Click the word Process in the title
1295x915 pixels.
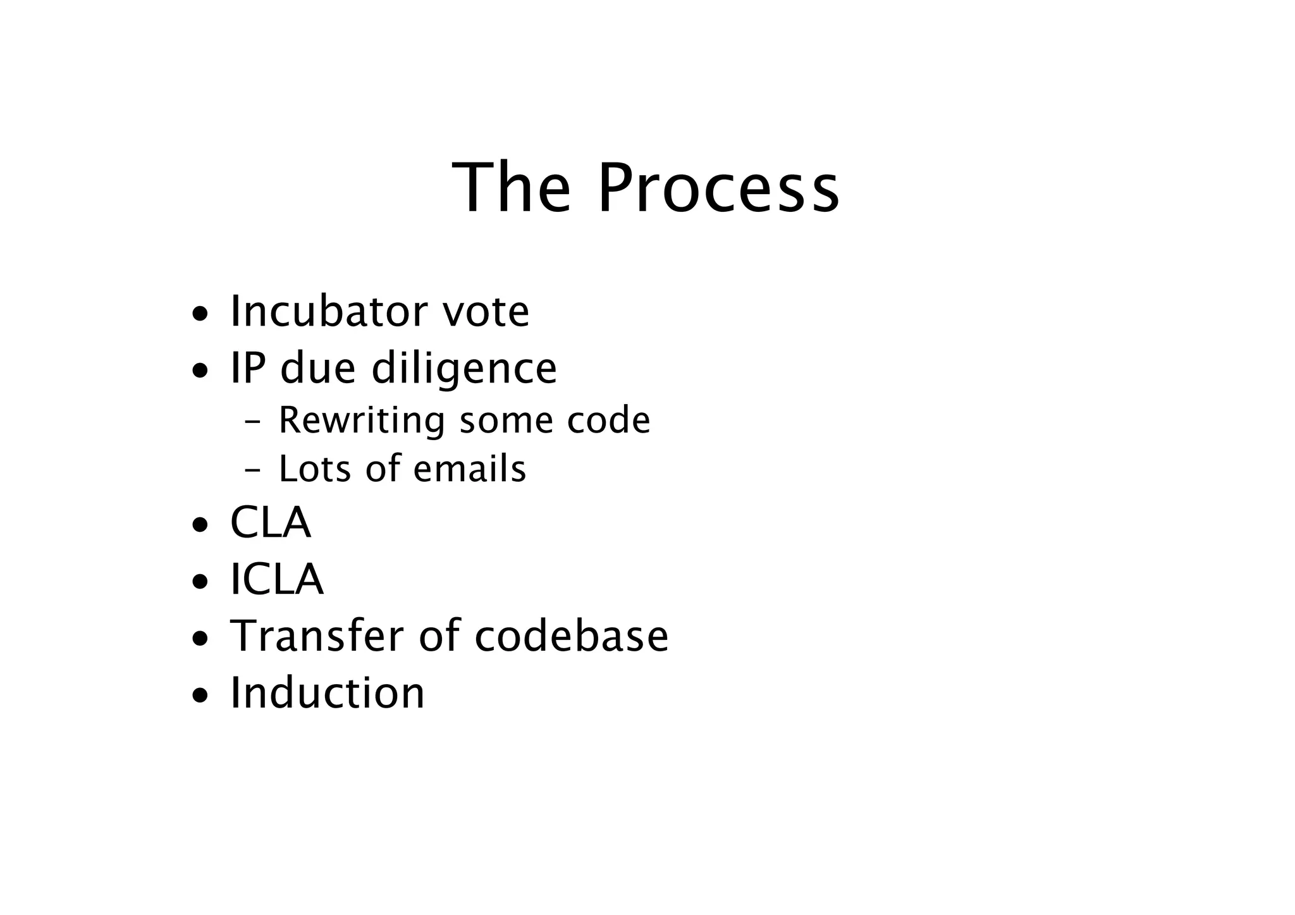point(718,188)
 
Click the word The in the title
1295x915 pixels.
point(511,188)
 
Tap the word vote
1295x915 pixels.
point(486,312)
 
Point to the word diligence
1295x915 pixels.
point(463,369)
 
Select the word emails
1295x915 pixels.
point(469,469)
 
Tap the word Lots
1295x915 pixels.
point(314,469)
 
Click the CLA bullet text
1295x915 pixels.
point(271,523)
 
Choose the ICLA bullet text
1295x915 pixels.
point(277,579)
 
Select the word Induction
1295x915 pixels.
point(327,692)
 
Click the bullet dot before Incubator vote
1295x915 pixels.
point(200,314)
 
